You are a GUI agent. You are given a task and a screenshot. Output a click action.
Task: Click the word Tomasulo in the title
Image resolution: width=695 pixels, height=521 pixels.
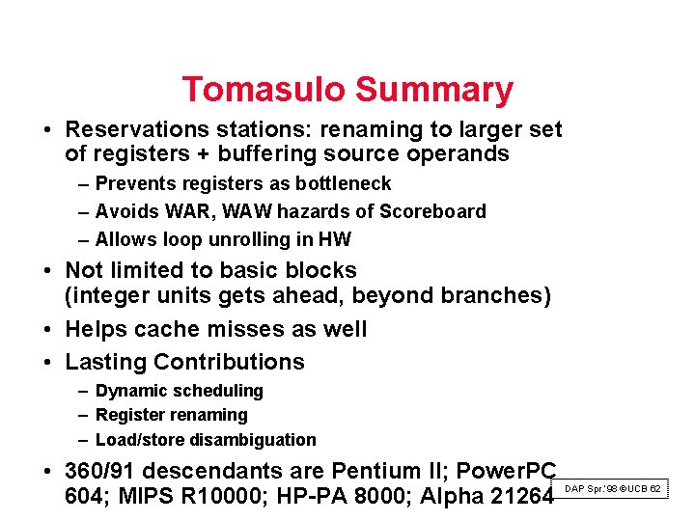pos(264,90)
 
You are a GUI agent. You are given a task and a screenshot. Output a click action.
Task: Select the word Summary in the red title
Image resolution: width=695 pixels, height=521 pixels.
pos(433,90)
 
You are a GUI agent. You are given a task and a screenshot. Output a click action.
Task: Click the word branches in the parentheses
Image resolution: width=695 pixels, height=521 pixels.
pos(496,295)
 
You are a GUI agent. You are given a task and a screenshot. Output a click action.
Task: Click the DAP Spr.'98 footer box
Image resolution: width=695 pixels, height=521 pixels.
pos(612,489)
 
